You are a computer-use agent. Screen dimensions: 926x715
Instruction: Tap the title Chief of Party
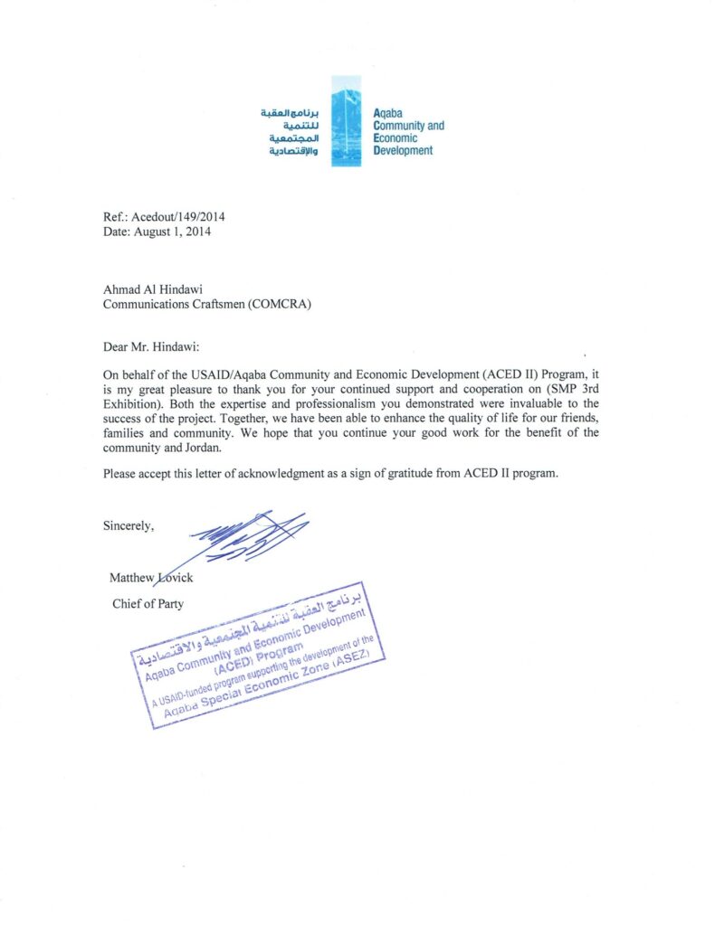(x=148, y=603)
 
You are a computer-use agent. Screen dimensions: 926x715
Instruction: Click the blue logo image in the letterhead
(x=347, y=120)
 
